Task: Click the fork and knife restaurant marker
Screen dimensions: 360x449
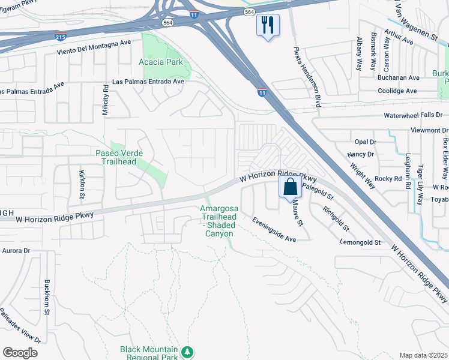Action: coord(267,25)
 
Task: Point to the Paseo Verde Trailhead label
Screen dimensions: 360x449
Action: coord(119,157)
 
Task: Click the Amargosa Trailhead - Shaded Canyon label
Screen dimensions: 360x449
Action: coord(219,220)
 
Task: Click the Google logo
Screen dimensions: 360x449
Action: coord(20,353)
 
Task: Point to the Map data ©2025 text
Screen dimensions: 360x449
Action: coord(423,355)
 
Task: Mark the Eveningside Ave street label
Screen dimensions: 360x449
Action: coord(274,230)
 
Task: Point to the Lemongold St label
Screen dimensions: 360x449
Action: coord(361,242)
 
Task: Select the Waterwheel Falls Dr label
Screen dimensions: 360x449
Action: coord(414,115)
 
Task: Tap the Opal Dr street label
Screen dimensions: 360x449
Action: coord(364,142)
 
